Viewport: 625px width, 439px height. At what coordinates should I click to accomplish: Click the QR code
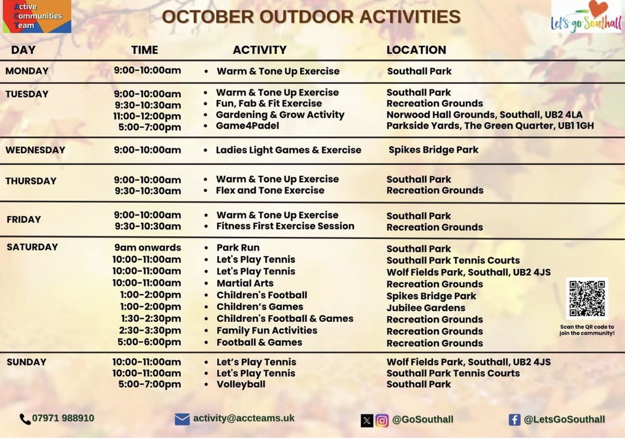click(587, 298)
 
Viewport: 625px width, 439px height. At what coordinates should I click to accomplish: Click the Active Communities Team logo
click(36, 16)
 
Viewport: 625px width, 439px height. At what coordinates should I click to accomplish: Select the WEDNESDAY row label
click(35, 150)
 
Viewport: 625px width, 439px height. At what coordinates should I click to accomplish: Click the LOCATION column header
click(416, 50)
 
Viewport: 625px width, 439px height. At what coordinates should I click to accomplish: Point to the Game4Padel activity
click(247, 126)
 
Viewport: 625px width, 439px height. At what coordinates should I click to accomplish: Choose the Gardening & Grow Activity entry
click(280, 115)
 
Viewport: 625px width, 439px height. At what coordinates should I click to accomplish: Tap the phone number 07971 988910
click(63, 418)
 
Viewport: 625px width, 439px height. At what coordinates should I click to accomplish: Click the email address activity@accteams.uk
click(244, 418)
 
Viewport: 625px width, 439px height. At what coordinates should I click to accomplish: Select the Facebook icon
click(515, 420)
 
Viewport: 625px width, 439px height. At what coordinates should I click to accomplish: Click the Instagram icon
click(382, 420)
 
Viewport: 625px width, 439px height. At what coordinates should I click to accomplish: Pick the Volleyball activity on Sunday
click(241, 384)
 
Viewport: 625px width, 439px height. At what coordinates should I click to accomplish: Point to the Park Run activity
click(238, 247)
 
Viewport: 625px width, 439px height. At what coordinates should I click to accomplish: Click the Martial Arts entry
click(245, 283)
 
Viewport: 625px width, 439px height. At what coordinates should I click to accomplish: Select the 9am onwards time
click(148, 247)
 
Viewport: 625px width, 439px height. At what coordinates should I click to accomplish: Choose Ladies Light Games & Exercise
click(289, 150)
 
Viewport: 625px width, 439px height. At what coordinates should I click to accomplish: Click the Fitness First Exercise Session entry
click(285, 226)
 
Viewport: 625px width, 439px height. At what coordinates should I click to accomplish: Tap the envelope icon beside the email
click(182, 419)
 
